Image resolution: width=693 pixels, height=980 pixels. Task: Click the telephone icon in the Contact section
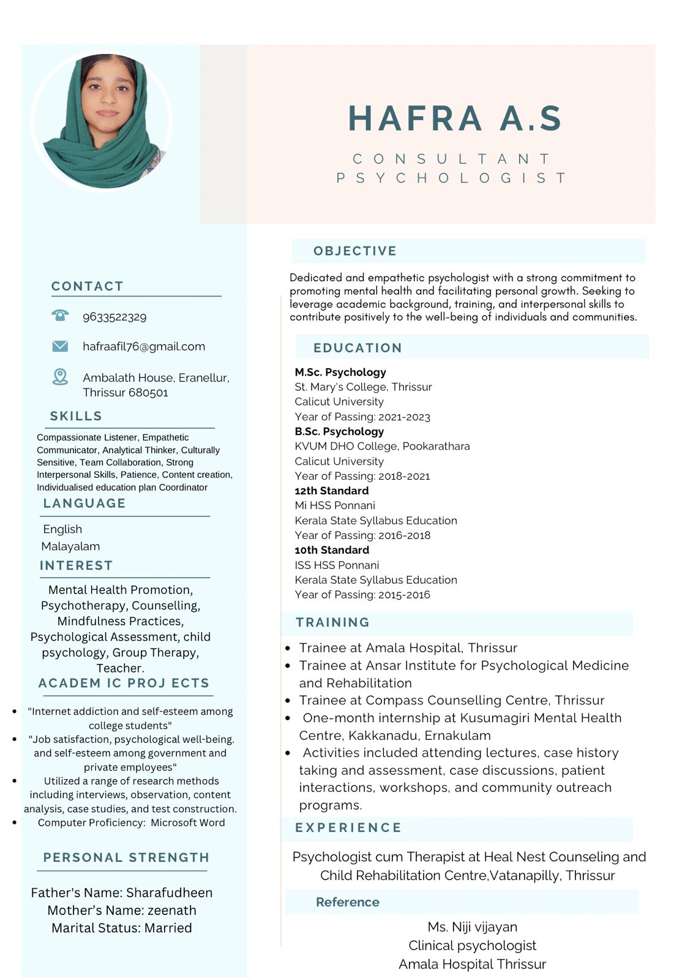tap(60, 315)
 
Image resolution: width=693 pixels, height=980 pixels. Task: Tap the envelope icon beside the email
tap(60, 346)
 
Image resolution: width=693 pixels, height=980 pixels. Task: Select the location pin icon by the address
tap(60, 377)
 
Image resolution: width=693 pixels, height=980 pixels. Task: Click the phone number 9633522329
tap(114, 317)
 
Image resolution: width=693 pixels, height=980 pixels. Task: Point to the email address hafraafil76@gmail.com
tap(144, 346)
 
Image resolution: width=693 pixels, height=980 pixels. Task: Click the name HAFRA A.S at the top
tap(455, 118)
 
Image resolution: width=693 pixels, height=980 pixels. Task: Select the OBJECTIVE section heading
tap(355, 251)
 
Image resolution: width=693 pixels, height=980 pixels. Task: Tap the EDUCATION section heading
tap(358, 348)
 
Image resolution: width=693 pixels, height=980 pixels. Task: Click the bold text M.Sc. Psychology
tap(340, 372)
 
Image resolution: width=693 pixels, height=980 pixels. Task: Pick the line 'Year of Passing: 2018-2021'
tap(362, 476)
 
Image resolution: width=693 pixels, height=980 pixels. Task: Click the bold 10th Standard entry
tap(332, 550)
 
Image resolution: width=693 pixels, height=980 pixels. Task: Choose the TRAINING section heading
tap(332, 622)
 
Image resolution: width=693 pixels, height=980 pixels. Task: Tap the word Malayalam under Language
tap(70, 546)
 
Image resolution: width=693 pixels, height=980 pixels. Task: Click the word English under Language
tap(62, 529)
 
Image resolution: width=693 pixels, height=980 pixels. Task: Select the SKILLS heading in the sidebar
tap(76, 416)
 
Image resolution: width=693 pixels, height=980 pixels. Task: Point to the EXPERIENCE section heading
tap(348, 827)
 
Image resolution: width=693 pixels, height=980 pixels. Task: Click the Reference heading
tap(347, 902)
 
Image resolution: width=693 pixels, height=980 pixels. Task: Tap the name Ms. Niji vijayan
tap(472, 927)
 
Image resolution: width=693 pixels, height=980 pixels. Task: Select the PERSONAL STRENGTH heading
tap(126, 858)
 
